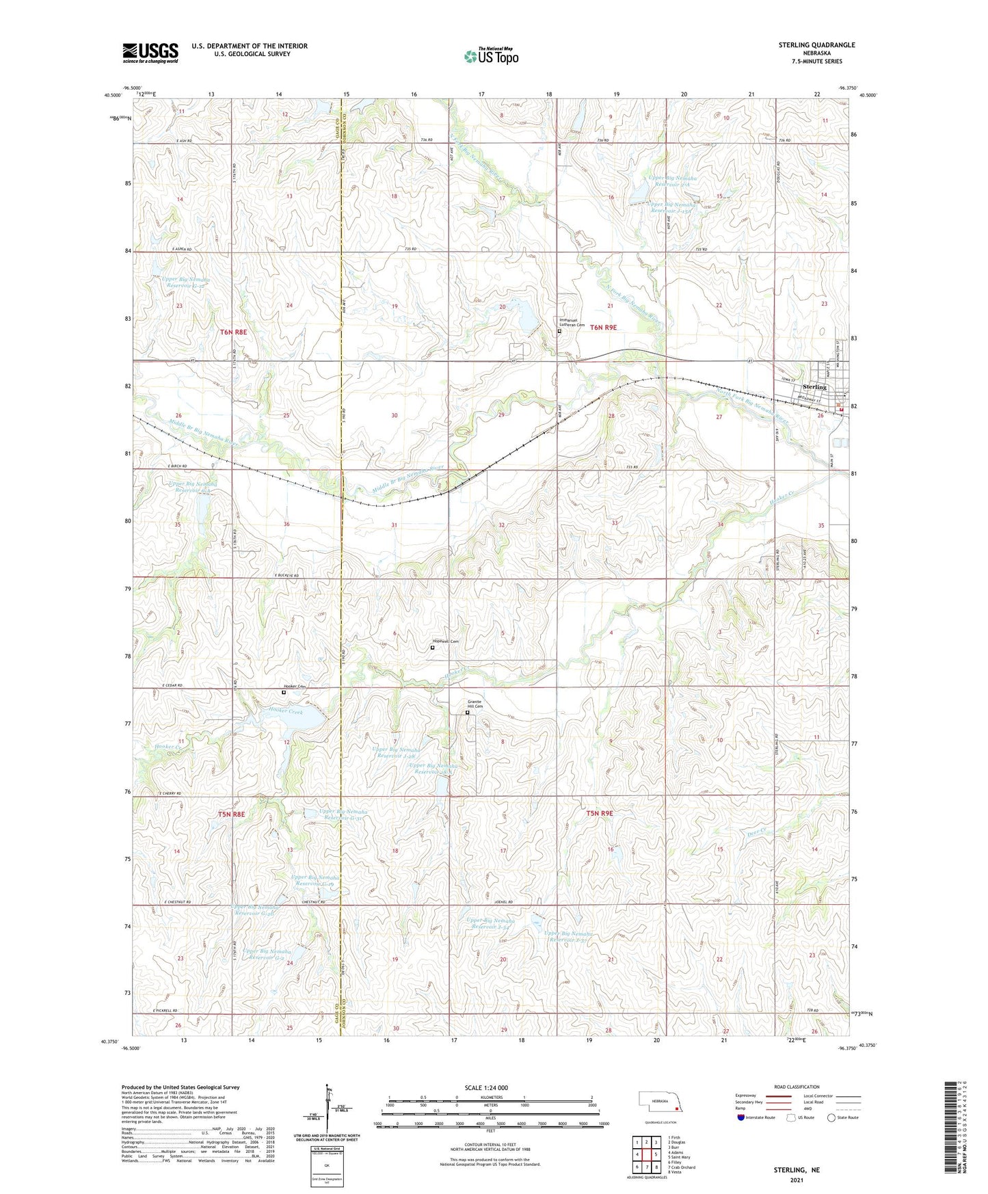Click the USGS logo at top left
(x=150, y=53)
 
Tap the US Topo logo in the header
(x=490, y=55)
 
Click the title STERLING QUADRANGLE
(x=816, y=45)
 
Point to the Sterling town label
(x=814, y=387)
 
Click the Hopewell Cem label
(x=445, y=641)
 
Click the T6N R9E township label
(x=603, y=328)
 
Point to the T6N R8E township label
(x=232, y=332)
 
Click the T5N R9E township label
(x=600, y=814)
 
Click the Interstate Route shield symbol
(x=741, y=1117)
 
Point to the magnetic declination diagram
(x=332, y=1111)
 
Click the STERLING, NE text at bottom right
(x=796, y=1170)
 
